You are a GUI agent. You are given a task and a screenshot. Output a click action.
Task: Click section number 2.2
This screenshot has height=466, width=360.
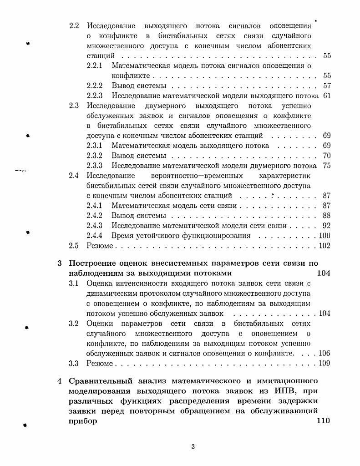pos(74,25)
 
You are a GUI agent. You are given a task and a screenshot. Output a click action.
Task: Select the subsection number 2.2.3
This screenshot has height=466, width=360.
pos(95,96)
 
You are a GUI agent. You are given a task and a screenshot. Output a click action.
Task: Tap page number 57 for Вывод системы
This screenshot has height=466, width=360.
pos(326,86)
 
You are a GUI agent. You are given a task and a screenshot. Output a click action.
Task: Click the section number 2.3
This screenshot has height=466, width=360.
pos(74,106)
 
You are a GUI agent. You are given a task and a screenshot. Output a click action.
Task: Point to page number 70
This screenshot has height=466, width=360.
pos(326,156)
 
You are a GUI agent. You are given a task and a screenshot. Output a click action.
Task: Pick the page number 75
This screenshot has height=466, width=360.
pos(326,166)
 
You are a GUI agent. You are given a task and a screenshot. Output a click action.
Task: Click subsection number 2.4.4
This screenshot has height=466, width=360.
pos(95,236)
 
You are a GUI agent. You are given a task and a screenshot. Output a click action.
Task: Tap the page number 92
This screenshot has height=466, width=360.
pos(326,226)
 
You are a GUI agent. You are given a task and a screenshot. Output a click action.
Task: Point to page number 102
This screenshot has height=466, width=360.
pos(325,246)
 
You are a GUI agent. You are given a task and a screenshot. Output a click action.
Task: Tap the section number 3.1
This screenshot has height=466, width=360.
pos(74,283)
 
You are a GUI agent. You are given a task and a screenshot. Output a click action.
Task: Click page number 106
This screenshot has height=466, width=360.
pos(325,353)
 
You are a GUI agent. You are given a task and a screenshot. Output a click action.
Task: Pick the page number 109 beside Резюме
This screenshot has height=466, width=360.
pos(325,363)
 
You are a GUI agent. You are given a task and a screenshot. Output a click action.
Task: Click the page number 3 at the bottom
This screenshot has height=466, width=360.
pos(193,447)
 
